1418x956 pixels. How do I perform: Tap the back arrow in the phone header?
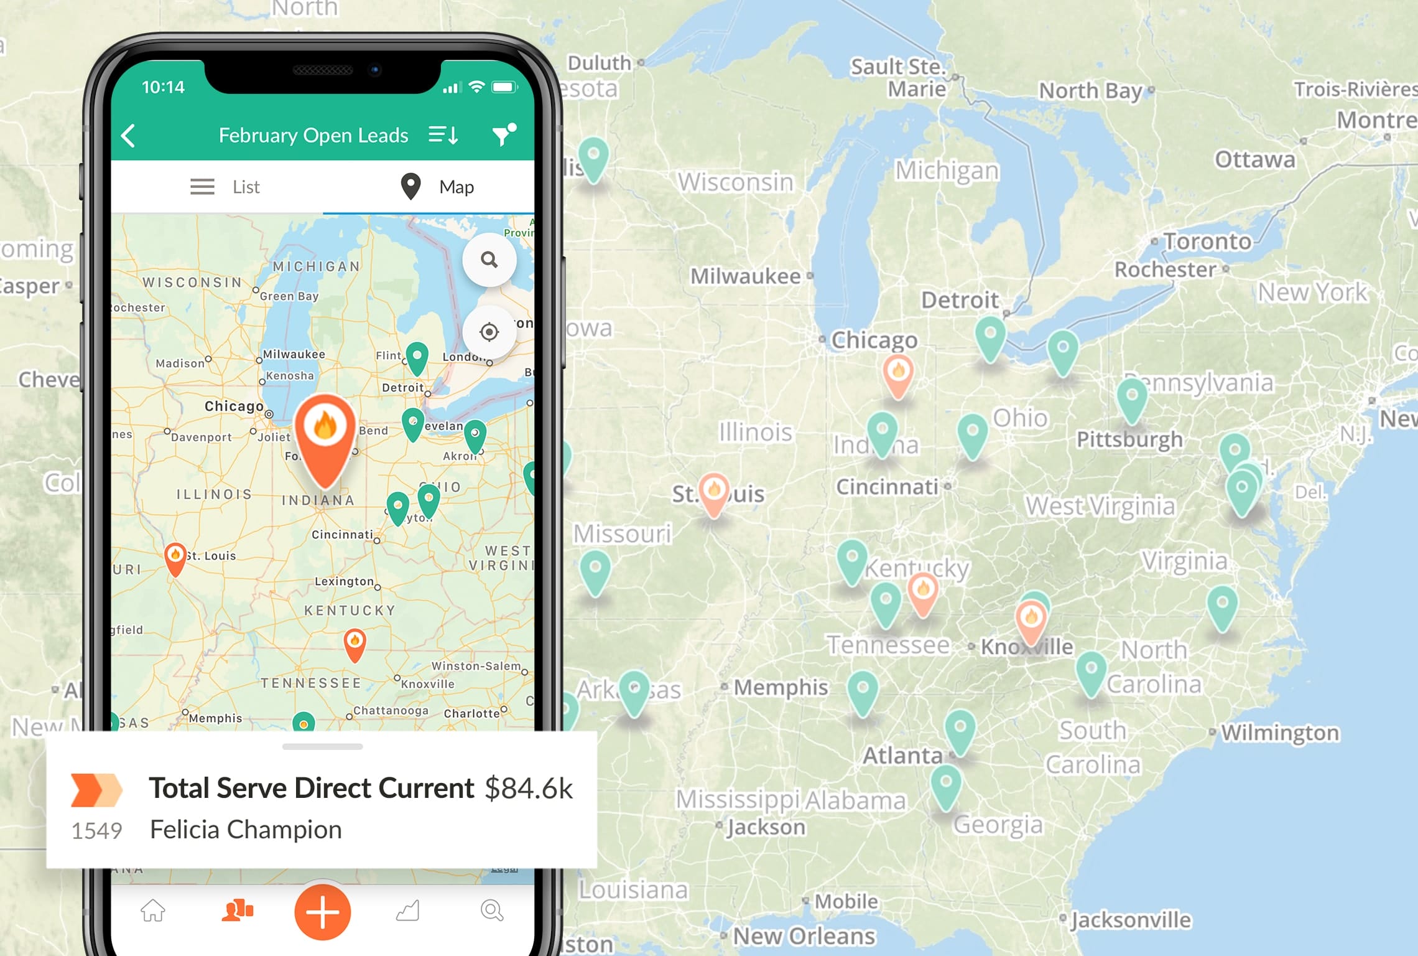129,136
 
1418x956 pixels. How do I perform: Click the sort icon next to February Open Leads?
443,134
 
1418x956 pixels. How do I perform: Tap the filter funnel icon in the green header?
503,134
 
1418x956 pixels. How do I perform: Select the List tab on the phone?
226,187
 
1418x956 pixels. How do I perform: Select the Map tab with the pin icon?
438,187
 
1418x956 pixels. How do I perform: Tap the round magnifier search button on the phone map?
489,260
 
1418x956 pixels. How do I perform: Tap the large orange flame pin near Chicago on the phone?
325,436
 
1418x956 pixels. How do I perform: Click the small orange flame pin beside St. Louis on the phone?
175,556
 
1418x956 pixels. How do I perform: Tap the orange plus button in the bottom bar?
322,912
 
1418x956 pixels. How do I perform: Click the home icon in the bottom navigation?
153,911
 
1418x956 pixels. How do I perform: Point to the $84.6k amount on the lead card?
529,789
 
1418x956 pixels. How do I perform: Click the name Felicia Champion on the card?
246,830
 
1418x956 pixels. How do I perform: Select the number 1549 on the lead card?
96,831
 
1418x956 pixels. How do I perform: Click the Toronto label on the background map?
1207,241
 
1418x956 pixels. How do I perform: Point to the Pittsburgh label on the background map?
1129,439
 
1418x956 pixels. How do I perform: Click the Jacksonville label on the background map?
1131,920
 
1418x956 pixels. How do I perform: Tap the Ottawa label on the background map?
1255,160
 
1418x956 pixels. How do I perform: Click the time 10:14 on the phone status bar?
163,87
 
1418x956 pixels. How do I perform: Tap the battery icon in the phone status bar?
504,87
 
